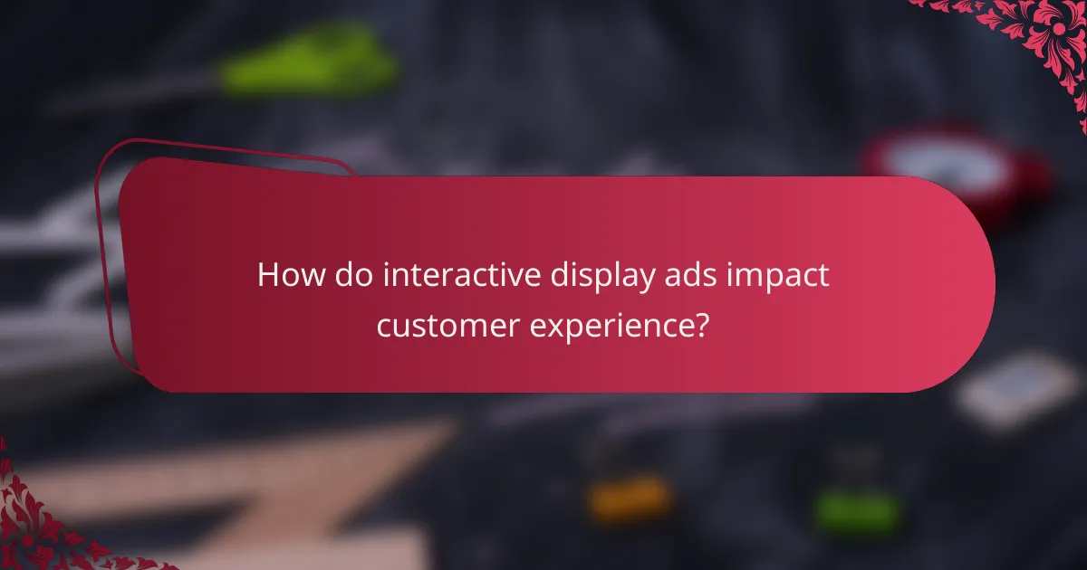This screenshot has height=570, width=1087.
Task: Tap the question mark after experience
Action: point(701,324)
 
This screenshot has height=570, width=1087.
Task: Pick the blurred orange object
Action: point(630,497)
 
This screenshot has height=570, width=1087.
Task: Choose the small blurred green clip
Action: point(856,512)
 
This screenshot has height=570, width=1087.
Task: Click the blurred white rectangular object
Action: point(1018,390)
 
